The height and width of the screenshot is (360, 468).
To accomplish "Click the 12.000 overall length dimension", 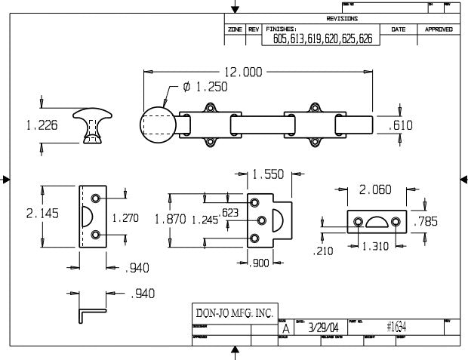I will pos(243,72).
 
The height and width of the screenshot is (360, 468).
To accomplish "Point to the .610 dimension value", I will pos(400,126).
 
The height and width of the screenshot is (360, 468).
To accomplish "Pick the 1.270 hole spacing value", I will pos(125,217).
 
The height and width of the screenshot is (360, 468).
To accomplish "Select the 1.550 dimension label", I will pos(268,174).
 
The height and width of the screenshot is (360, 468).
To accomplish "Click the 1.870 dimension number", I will pos(169,219).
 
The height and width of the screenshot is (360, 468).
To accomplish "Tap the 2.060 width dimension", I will pos(374,190).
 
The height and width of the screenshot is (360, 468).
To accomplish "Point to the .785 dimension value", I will pos(426,221).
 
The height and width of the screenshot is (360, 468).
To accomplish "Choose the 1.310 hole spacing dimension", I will pos(374,247).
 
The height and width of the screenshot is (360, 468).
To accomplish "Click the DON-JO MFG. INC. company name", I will pos(231,313).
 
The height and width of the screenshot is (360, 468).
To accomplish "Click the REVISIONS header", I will pos(342,18).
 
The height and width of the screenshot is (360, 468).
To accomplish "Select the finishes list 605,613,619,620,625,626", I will pos(322,39).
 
